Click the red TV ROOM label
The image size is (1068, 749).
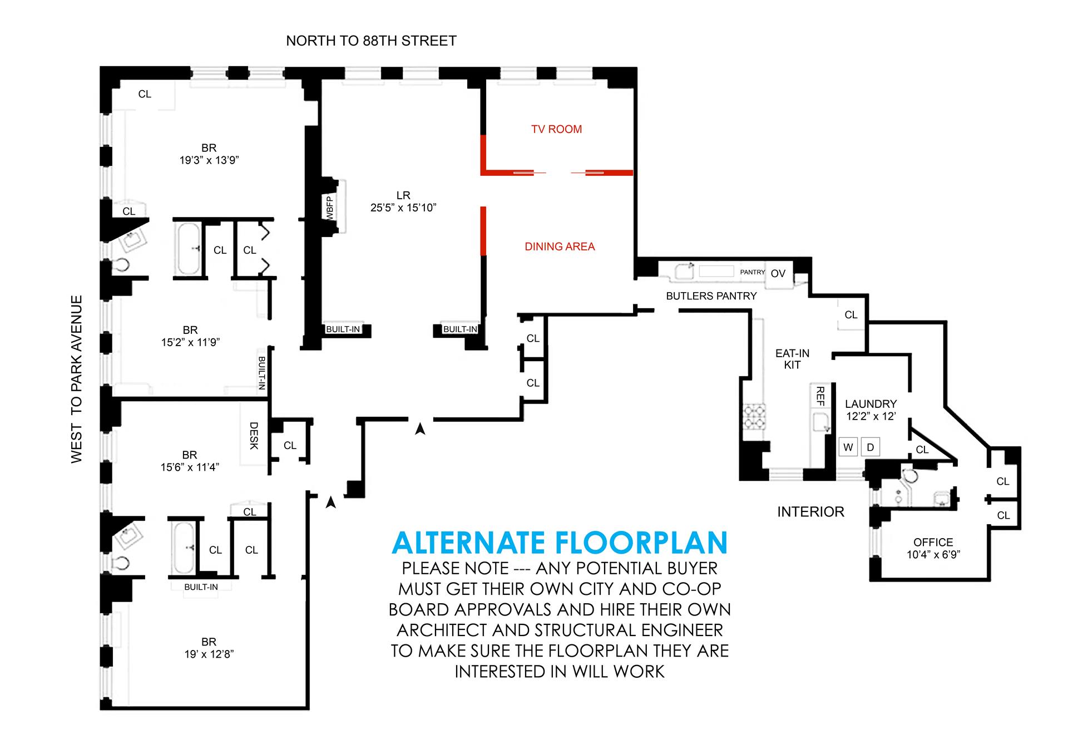pyautogui.click(x=556, y=129)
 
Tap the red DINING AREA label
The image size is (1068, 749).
pyautogui.click(x=560, y=247)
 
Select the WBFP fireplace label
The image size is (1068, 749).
pyautogui.click(x=329, y=208)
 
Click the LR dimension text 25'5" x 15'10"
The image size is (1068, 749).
pyautogui.click(x=403, y=208)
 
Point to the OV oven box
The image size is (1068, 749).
pyautogui.click(x=778, y=273)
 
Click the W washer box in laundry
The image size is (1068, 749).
pyautogui.click(x=848, y=447)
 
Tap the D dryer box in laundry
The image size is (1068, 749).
pyautogui.click(x=871, y=447)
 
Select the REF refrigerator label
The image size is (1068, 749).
pyautogui.click(x=819, y=396)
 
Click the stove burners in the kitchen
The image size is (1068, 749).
pyautogui.click(x=754, y=416)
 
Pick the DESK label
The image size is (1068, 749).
pyautogui.click(x=254, y=436)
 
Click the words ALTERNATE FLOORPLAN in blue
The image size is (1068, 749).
pyautogui.click(x=560, y=543)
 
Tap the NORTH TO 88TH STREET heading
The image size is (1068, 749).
pyautogui.click(x=371, y=41)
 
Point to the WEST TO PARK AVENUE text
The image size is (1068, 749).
pyautogui.click(x=77, y=378)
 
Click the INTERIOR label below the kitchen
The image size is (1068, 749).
pyautogui.click(x=810, y=511)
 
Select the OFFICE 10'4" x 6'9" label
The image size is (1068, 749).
pyautogui.click(x=933, y=548)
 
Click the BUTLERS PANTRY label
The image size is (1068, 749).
pyautogui.click(x=711, y=296)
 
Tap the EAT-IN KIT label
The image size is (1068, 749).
pyautogui.click(x=792, y=359)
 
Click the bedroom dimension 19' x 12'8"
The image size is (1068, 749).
pyautogui.click(x=209, y=654)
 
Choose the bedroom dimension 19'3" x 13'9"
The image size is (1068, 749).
pyautogui.click(x=209, y=160)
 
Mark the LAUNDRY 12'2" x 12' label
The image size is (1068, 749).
pyautogui.click(x=871, y=410)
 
